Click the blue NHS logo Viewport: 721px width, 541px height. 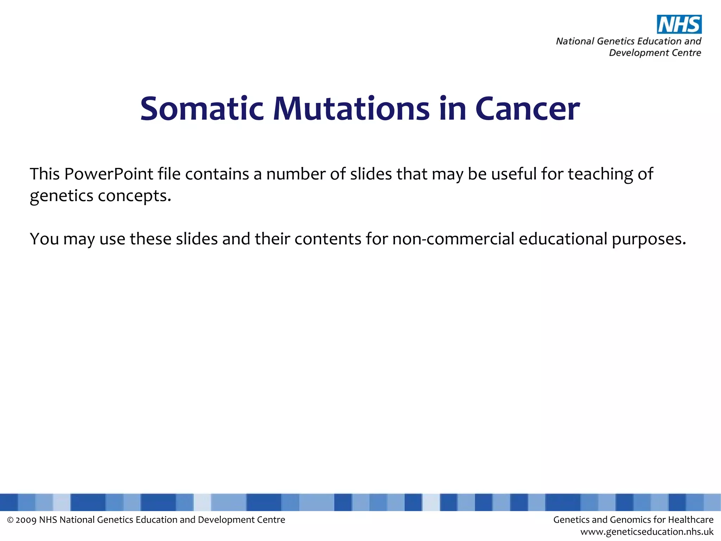click(x=679, y=24)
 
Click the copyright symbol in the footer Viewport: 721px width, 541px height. click(x=10, y=520)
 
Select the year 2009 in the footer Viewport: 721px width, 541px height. click(x=26, y=520)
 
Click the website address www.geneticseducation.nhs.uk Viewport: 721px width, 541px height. click(x=647, y=532)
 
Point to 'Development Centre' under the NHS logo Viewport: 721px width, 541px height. click(x=655, y=53)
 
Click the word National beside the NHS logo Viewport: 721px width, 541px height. click(x=575, y=41)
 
